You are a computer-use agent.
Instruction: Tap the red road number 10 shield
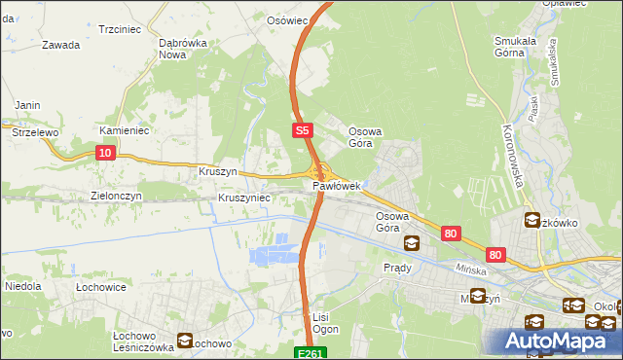[x=105, y=152]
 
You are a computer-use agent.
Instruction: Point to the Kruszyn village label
[x=218, y=170]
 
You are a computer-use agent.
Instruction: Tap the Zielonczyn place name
[x=117, y=196]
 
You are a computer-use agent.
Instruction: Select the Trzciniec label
[x=121, y=30]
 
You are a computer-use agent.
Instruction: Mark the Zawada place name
[x=60, y=45]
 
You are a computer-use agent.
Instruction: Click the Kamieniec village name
[x=123, y=129]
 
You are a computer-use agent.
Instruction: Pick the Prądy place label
[x=398, y=267]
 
